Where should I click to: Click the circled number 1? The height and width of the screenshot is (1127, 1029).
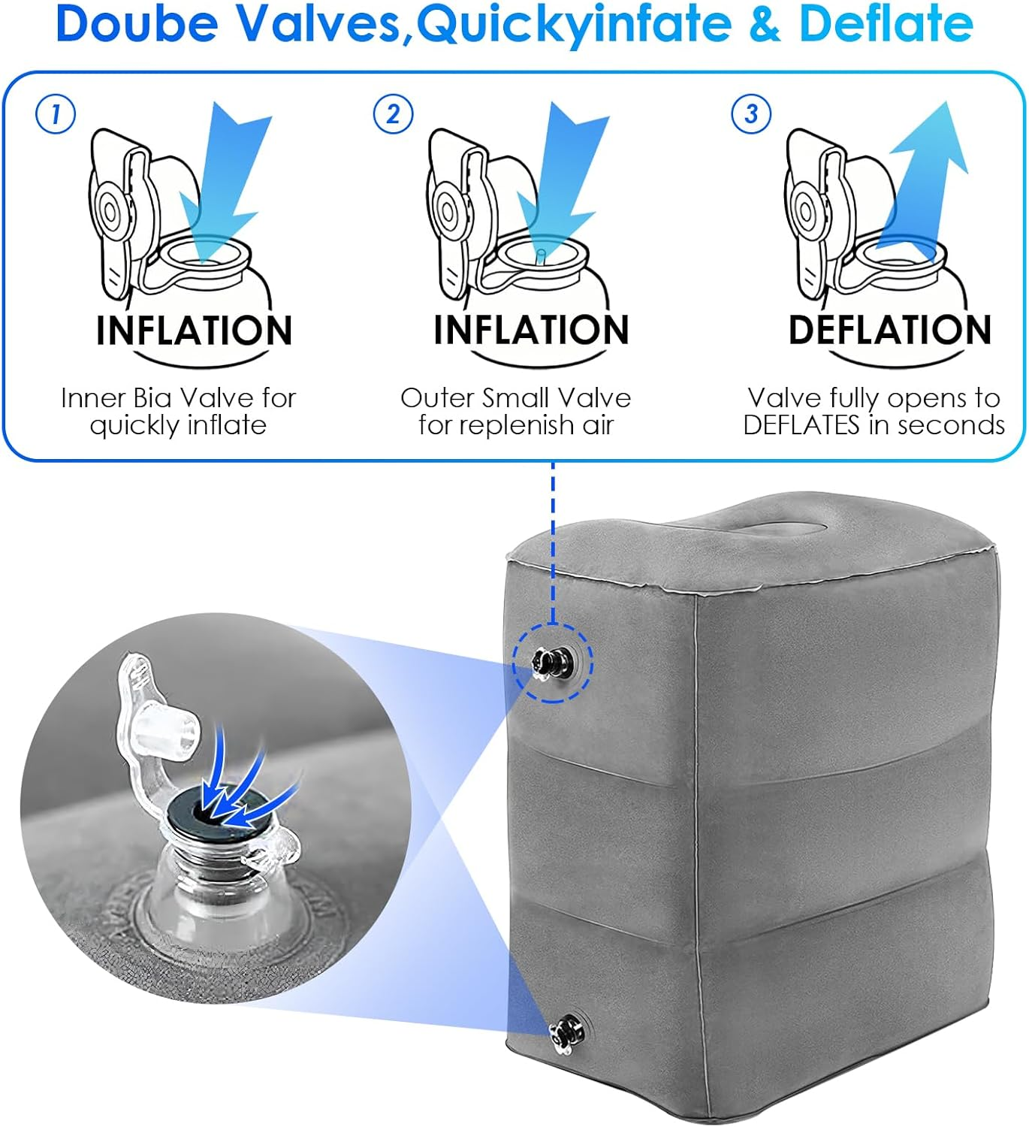(55, 114)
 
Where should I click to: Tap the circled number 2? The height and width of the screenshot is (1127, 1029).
(393, 114)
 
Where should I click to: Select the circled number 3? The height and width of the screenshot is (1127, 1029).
(751, 114)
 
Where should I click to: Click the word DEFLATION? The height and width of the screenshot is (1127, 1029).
(890, 330)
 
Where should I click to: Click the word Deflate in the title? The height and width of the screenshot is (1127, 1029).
(886, 23)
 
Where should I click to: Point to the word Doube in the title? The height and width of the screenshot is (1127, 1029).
(137, 23)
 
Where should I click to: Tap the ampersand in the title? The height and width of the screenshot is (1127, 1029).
(765, 24)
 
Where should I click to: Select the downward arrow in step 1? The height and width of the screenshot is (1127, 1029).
(225, 180)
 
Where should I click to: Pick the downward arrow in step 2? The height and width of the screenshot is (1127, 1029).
(562, 180)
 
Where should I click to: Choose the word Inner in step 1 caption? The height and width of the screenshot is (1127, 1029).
(92, 398)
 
